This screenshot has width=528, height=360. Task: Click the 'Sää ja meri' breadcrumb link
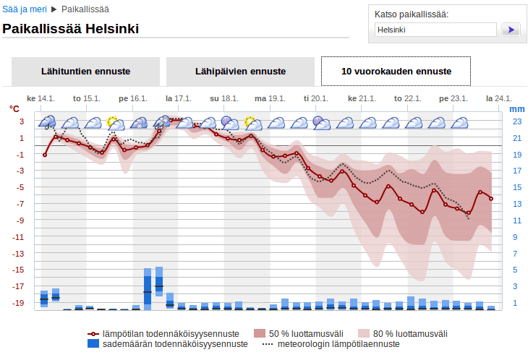tap(25, 10)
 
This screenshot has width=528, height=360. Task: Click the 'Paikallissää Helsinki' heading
tap(71, 30)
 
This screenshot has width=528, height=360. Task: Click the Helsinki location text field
tap(435, 30)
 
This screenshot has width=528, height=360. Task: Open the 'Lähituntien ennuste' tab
tap(85, 72)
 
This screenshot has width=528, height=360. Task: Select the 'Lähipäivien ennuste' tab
tap(240, 72)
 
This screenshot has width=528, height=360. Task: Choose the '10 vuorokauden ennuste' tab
tap(396, 72)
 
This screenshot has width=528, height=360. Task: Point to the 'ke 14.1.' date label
tap(41, 98)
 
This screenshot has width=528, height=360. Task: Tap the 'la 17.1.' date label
tap(178, 98)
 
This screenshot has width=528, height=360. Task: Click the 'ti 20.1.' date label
tap(315, 98)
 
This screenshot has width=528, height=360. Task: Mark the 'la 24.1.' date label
tap(499, 98)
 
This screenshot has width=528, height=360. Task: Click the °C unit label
tap(14, 108)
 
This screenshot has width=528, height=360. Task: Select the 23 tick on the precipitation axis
tap(517, 121)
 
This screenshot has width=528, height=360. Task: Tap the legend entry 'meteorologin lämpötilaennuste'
tap(328, 344)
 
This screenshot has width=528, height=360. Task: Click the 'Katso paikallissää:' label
tap(411, 14)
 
